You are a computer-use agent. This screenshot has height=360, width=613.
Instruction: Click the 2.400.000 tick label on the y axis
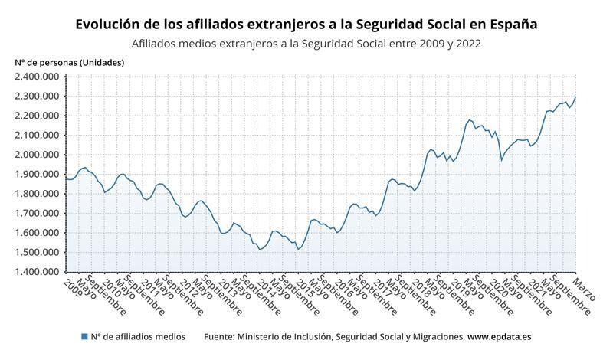coord(38,77)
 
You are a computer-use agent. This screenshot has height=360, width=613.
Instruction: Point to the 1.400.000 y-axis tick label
coord(38,272)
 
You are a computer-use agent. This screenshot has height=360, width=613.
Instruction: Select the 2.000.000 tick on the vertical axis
coord(38,155)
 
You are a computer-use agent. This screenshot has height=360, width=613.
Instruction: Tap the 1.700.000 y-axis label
coord(38,214)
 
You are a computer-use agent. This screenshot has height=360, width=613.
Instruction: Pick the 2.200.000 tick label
coord(38,116)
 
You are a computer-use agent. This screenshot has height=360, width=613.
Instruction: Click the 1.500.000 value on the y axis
coord(38,253)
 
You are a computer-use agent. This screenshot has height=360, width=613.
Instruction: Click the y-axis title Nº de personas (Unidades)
coord(69,62)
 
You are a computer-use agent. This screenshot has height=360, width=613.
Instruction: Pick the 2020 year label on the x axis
coord(497,288)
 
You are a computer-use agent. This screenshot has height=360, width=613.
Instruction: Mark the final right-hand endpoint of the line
coord(575,97)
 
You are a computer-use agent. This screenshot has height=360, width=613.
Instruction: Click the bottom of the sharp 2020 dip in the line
coord(501,160)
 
